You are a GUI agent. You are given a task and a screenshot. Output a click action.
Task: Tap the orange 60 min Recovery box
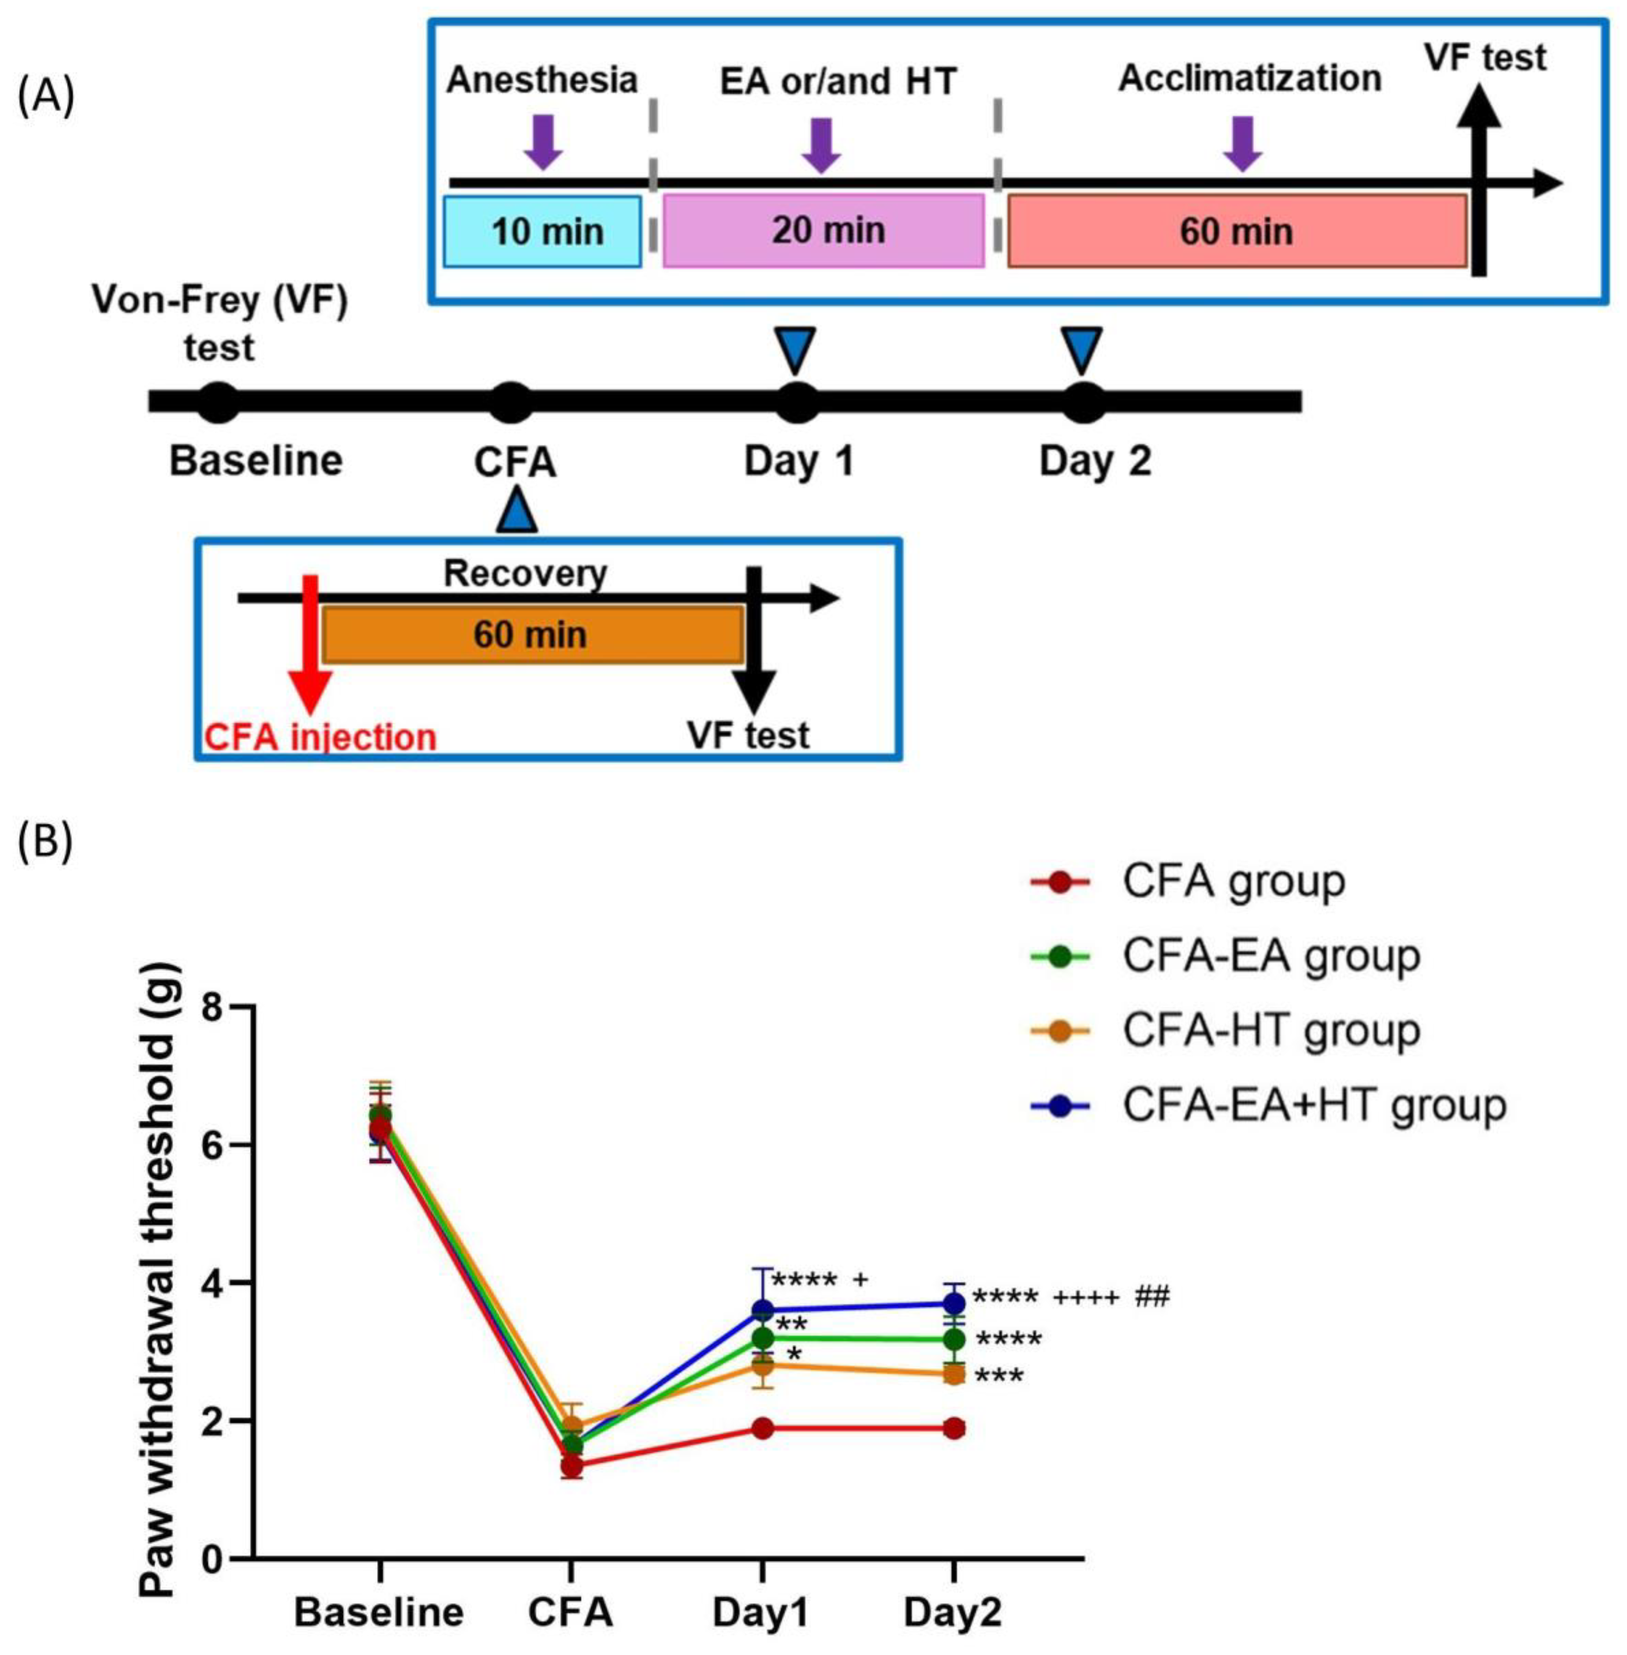click(x=531, y=634)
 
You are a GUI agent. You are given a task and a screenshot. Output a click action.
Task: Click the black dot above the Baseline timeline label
click(x=219, y=401)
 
